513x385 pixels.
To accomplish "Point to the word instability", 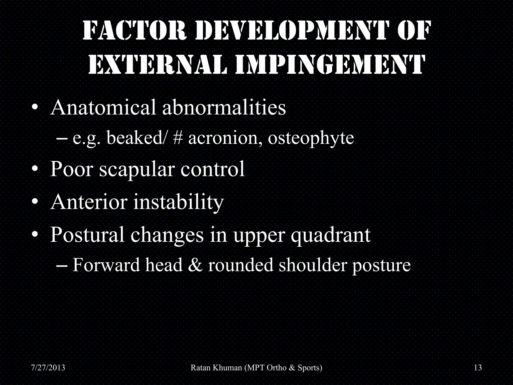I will point(178,203).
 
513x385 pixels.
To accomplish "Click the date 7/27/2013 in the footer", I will point(48,368).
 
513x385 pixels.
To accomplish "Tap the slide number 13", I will point(478,368).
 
